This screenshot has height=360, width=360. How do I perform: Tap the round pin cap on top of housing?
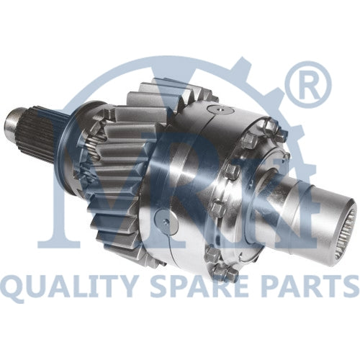click(x=220, y=110)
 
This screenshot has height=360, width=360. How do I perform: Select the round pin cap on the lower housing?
click(x=166, y=221)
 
